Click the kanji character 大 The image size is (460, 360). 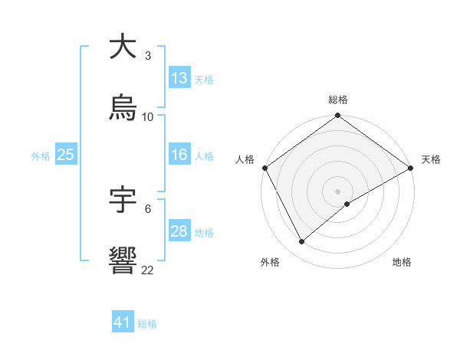123,47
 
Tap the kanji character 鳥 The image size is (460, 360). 123,108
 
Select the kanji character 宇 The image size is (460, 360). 123,200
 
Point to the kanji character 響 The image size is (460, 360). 123,262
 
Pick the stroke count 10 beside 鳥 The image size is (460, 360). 148,116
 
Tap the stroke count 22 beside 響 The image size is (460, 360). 148,270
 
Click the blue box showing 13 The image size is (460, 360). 179,78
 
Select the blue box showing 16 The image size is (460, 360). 179,155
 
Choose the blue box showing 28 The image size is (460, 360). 179,231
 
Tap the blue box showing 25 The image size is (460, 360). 66,155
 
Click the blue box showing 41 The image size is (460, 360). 123,322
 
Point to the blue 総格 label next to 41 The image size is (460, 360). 147,324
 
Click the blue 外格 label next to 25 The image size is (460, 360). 41,156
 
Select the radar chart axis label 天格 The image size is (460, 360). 431,159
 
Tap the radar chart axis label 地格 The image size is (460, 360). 402,262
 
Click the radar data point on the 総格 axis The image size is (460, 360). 337,116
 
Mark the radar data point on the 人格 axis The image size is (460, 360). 264,168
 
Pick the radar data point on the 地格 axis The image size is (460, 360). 347,204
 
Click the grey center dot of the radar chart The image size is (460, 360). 337,191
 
